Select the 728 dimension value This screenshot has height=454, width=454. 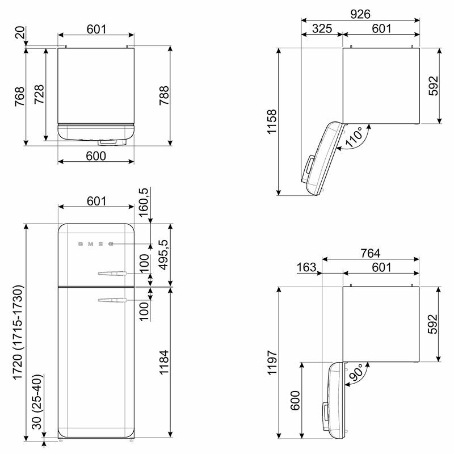click(39, 94)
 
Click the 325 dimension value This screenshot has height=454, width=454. click(321, 28)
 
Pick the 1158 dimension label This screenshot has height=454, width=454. click(272, 121)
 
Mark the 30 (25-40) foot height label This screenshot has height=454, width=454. click(38, 406)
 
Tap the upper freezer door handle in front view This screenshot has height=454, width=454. click(112, 275)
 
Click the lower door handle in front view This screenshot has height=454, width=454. click(112, 300)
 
